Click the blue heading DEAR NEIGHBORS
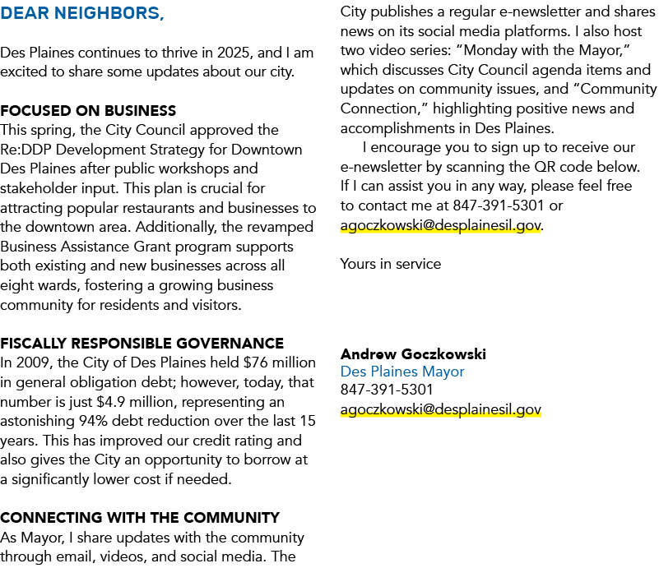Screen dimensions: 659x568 click(82, 13)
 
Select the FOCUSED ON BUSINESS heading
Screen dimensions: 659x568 click(88, 111)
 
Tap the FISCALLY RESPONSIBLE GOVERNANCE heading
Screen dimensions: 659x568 click(142, 344)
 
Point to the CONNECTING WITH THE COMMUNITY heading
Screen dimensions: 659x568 click(140, 518)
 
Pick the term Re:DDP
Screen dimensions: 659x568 click(26, 150)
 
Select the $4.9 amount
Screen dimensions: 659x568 click(111, 402)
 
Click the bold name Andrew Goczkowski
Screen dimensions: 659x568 click(413, 354)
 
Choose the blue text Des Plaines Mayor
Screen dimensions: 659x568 click(402, 372)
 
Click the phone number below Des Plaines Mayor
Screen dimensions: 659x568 click(387, 390)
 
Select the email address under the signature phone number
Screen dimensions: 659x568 click(441, 409)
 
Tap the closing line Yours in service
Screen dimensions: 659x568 click(391, 264)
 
